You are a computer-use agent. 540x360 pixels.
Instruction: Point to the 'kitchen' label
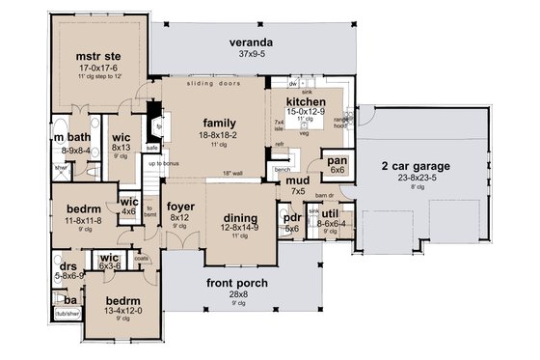(306, 102)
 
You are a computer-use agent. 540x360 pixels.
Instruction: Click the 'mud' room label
(299, 180)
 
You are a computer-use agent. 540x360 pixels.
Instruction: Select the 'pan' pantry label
(337, 160)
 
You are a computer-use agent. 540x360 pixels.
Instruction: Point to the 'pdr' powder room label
(292, 218)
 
